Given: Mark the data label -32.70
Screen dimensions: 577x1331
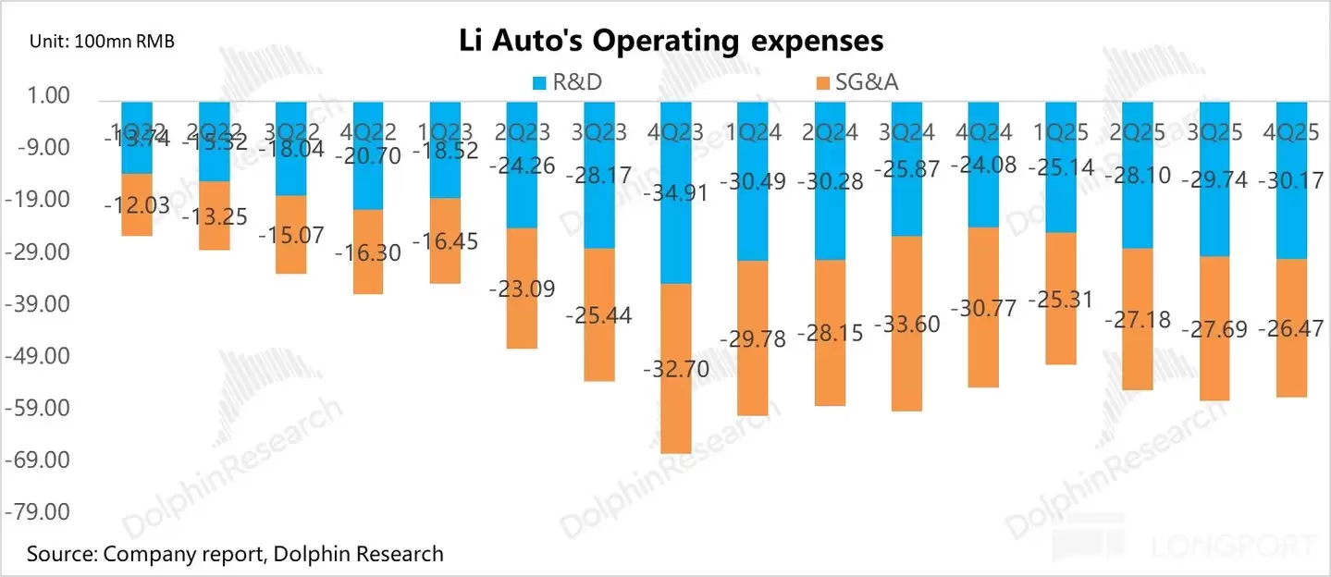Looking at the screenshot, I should tap(676, 371).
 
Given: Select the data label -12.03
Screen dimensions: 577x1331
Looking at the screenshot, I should tap(137, 205).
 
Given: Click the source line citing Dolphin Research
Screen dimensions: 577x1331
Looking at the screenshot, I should tap(235, 555).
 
